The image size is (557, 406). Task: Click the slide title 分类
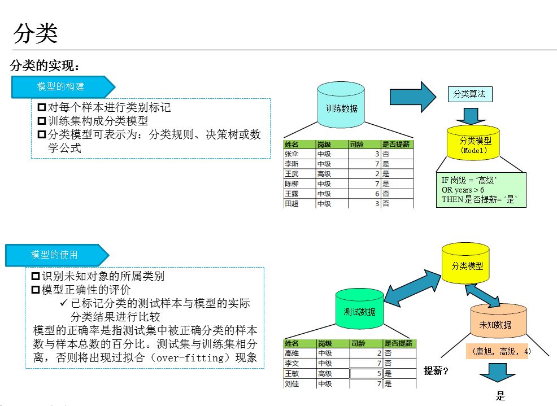pos(35,33)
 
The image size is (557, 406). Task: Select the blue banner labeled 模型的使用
pos(55,255)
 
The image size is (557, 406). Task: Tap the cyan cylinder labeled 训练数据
pos(341,106)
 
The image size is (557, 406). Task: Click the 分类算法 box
pos(469,94)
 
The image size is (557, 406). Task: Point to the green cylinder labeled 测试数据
pos(359,309)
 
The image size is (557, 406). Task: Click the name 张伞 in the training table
pos(292,154)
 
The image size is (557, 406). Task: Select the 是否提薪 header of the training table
pos(396,144)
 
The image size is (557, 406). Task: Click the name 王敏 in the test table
pos(292,373)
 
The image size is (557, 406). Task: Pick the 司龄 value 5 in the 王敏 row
pos(378,373)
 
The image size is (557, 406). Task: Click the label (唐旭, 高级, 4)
pos(501,351)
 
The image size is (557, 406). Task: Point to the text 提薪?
pos(436,371)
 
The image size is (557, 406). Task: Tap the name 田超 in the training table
pos(292,203)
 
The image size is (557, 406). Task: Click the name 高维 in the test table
pos(292,353)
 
